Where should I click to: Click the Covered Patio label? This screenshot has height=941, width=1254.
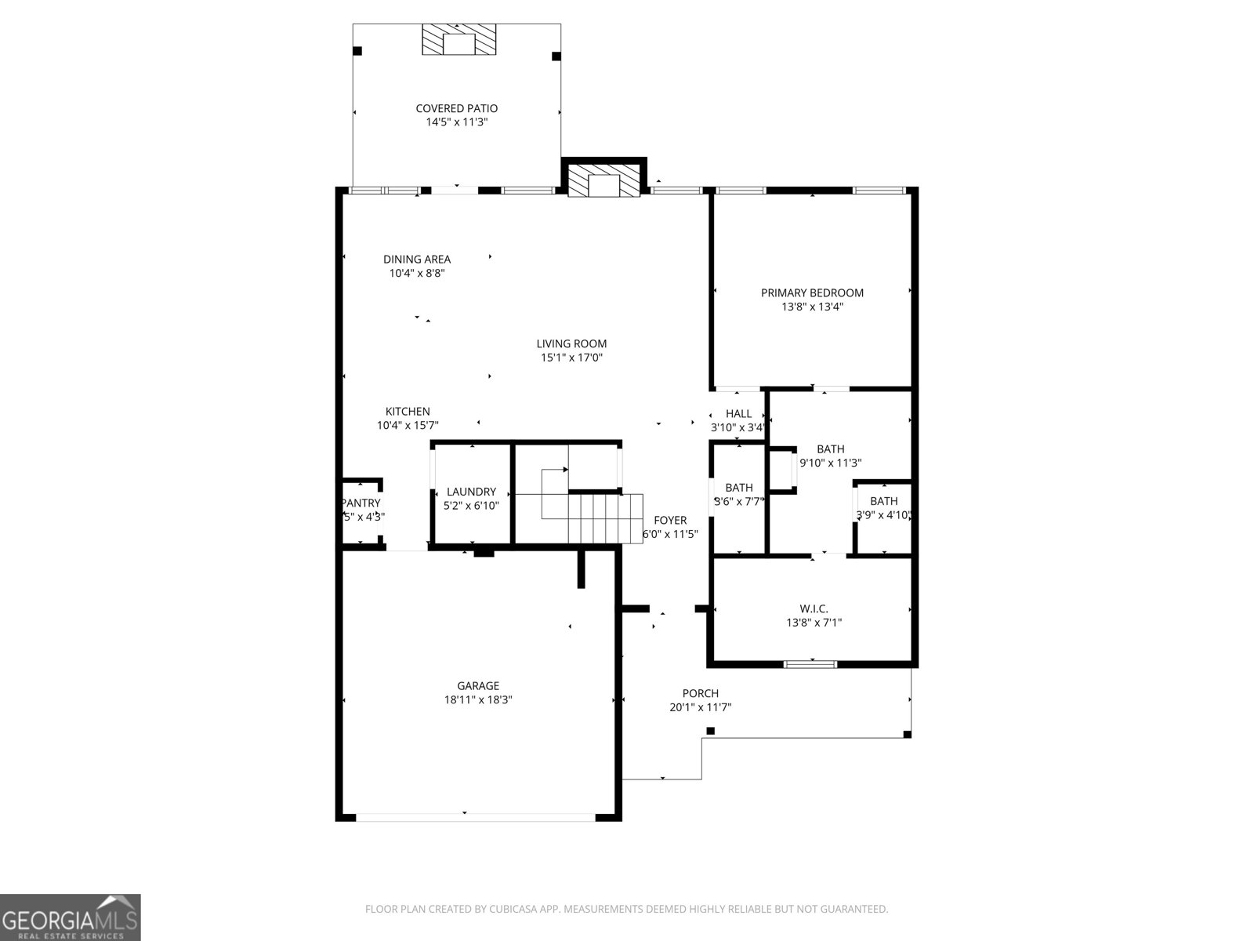(456, 108)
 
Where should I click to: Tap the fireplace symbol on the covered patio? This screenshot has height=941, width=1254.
(459, 39)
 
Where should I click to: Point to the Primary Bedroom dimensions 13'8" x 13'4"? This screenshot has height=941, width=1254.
(812, 307)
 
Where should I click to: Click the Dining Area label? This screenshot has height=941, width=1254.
(417, 260)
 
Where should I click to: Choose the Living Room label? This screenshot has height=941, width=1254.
(571, 343)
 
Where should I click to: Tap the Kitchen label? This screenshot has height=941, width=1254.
(408, 412)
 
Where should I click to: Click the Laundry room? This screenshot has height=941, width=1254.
(471, 498)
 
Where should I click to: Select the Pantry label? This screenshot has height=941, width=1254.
(361, 503)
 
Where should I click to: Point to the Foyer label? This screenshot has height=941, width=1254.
(670, 520)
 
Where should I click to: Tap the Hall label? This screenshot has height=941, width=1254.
(738, 414)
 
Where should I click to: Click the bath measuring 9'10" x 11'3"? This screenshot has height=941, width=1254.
(831, 456)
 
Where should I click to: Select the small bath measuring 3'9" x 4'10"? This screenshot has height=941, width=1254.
(883, 507)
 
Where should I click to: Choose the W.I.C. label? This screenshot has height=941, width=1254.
(814, 609)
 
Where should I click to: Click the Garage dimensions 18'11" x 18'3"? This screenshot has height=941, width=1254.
(478, 700)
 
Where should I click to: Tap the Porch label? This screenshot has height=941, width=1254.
(700, 693)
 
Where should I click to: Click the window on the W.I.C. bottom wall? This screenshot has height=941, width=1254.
(810, 664)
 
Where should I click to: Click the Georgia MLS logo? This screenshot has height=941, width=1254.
(70, 917)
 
